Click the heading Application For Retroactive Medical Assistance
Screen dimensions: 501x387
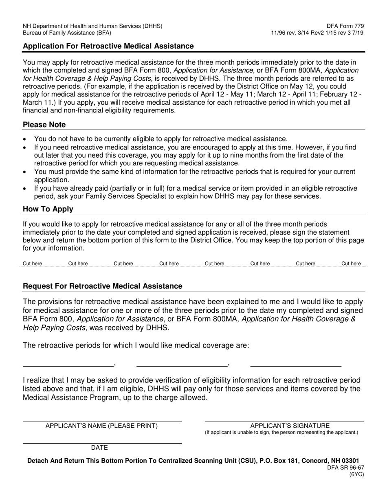[x=108, y=46]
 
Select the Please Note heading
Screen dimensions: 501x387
[x=44, y=125]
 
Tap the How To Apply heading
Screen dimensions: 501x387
[x=48, y=209]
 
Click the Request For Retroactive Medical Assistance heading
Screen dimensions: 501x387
[x=102, y=286]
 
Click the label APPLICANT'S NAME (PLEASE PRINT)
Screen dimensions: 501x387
[x=101, y=426]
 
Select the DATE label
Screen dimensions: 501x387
[x=99, y=448]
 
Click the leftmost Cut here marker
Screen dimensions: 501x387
[x=33, y=264]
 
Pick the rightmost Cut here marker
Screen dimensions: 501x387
[x=351, y=264]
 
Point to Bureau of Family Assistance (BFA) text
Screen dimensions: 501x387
[x=67, y=33]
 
